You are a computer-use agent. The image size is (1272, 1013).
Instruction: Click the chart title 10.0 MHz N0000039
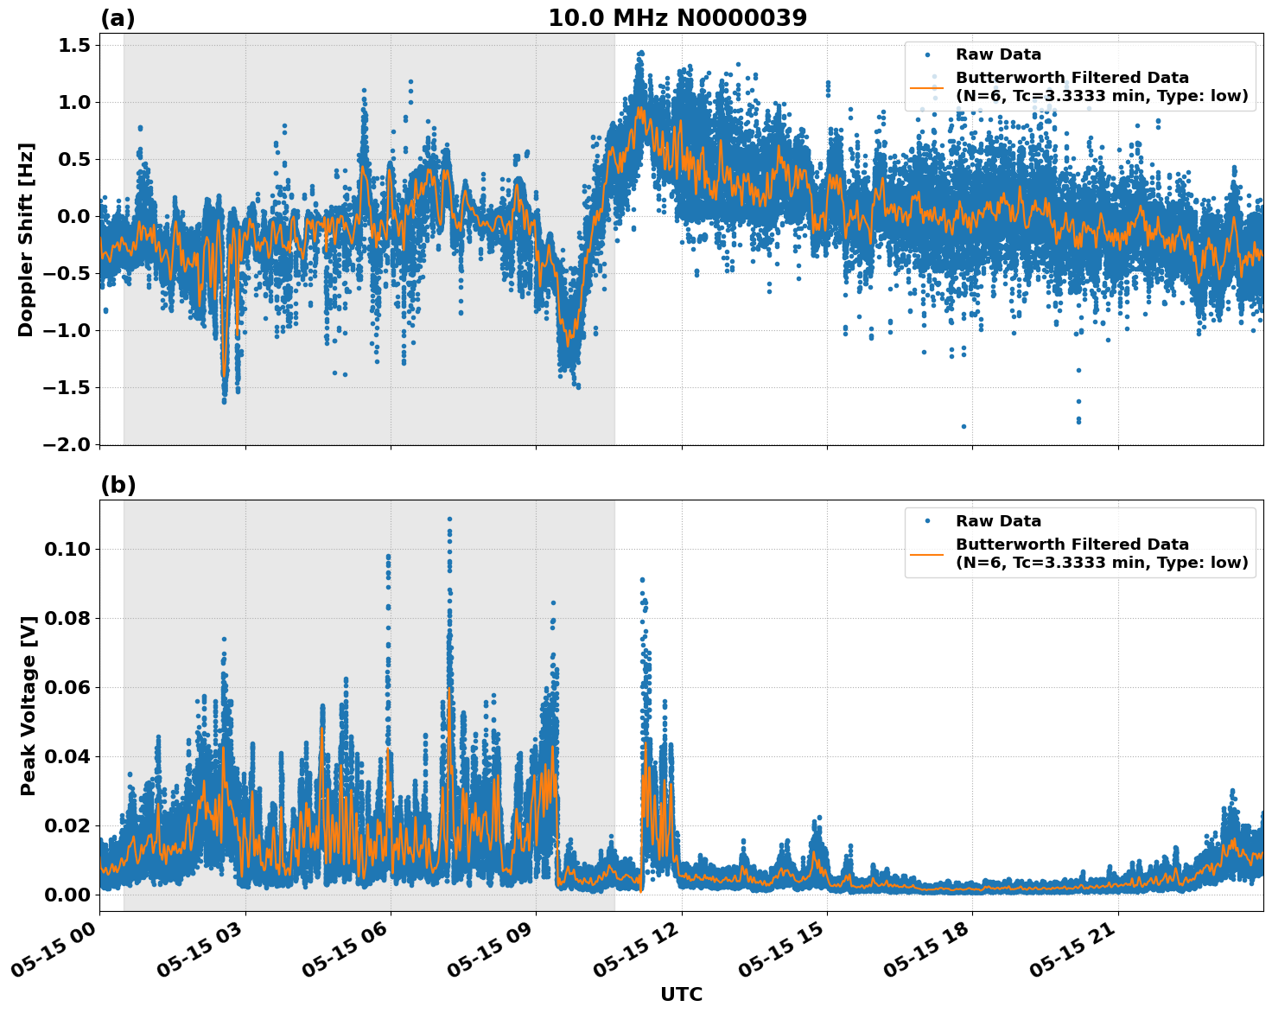(x=677, y=18)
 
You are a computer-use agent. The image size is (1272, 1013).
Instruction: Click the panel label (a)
(x=118, y=18)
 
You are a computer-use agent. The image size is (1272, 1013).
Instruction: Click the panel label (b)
(x=118, y=485)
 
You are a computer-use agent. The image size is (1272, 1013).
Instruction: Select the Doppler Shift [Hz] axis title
(x=26, y=239)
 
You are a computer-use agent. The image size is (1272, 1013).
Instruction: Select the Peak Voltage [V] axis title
(x=29, y=705)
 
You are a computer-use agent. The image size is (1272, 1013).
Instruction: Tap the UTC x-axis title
(x=681, y=994)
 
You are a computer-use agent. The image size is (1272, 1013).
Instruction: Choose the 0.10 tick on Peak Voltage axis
(x=66, y=549)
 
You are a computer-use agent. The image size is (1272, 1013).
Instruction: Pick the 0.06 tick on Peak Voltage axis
(x=66, y=687)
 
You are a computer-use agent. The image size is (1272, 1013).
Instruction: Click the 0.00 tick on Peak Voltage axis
(x=66, y=895)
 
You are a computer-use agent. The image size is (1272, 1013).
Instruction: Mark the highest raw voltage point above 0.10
(x=449, y=519)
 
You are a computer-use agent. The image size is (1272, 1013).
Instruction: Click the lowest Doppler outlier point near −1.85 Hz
(x=964, y=426)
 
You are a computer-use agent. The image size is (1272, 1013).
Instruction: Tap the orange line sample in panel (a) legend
(x=927, y=87)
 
